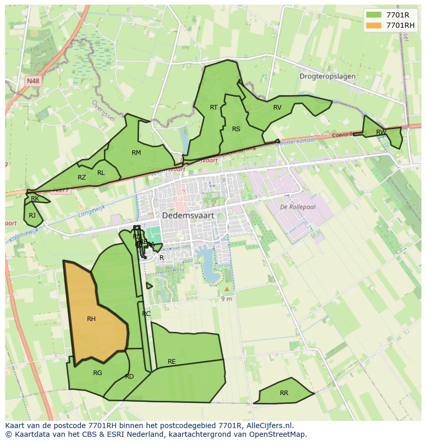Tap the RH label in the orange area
[91, 319]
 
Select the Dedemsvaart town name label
[188, 216]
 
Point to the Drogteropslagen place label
[327, 76]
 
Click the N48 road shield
[33, 81]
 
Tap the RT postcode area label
[214, 107]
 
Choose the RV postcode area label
[277, 107]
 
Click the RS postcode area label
[236, 129]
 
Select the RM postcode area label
[136, 152]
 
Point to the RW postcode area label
[381, 132]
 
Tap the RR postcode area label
[284, 393]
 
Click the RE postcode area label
[172, 361]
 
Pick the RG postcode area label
[98, 373]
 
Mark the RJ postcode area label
[32, 215]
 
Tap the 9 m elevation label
[226, 298]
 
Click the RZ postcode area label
[82, 177]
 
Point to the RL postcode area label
[101, 172]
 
